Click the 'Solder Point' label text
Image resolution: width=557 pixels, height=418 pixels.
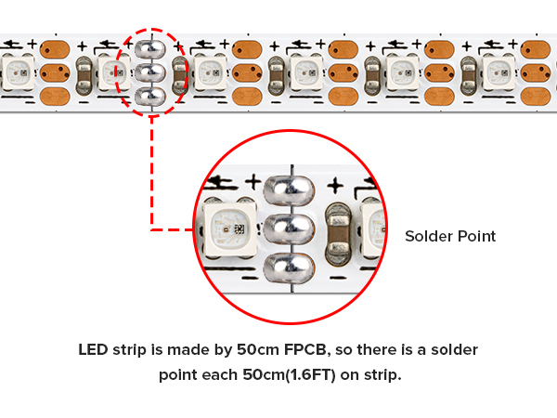pyautogui.click(x=450, y=236)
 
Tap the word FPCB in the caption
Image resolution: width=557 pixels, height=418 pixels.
pyautogui.click(x=305, y=350)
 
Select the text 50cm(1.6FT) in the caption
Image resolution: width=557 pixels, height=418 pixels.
pyautogui.click(x=289, y=375)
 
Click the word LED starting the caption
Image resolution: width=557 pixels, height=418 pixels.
pyautogui.click(x=93, y=350)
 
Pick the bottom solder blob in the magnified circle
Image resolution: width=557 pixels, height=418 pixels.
pyautogui.click(x=289, y=268)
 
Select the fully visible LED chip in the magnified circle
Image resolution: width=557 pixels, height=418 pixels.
pyautogui.click(x=229, y=229)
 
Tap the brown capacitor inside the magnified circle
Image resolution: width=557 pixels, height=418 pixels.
pyautogui.click(x=339, y=234)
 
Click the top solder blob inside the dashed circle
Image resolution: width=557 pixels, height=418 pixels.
pyautogui.click(x=150, y=49)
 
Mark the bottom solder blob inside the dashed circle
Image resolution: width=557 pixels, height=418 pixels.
pyautogui.click(x=150, y=97)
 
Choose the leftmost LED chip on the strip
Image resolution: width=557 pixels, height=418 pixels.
pyautogui.click(x=19, y=72)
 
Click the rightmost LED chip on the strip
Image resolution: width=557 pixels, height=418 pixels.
pyautogui.click(x=499, y=72)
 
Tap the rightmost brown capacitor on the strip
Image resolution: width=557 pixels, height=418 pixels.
pyautogui.click(x=469, y=76)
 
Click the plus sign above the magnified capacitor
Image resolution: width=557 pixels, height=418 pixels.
pyautogui.click(x=335, y=186)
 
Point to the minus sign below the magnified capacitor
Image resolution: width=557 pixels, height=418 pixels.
pyautogui.click(x=339, y=278)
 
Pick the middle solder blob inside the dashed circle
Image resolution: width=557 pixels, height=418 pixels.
pyautogui.click(x=150, y=72)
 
